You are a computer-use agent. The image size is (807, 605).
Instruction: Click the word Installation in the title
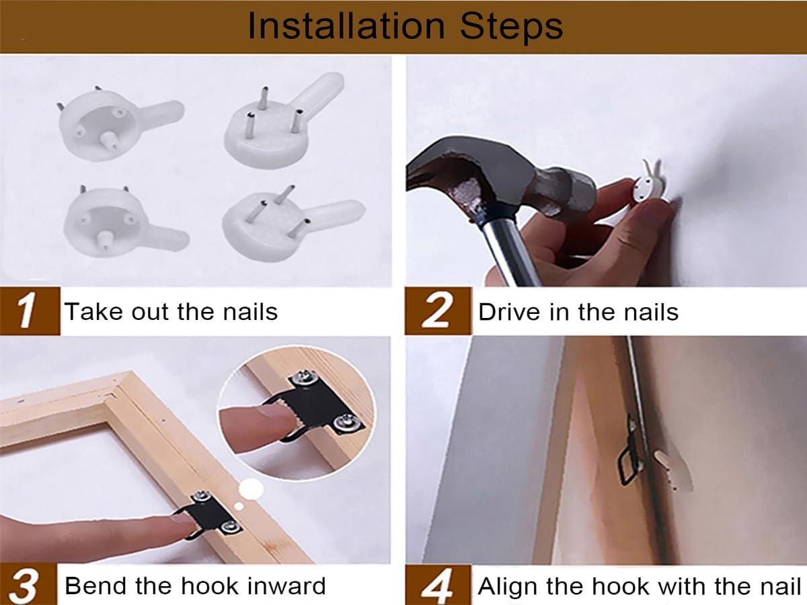[x=346, y=26]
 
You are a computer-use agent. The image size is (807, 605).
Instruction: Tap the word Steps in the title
[x=511, y=26]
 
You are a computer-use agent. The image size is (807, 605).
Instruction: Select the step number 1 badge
[x=30, y=311]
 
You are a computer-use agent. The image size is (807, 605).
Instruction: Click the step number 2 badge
[x=438, y=311]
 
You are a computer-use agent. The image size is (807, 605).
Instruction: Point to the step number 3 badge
[x=28, y=584]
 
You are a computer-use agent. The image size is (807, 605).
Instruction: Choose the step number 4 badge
[x=438, y=585]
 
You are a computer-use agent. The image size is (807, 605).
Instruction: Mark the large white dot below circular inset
[x=251, y=489]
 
